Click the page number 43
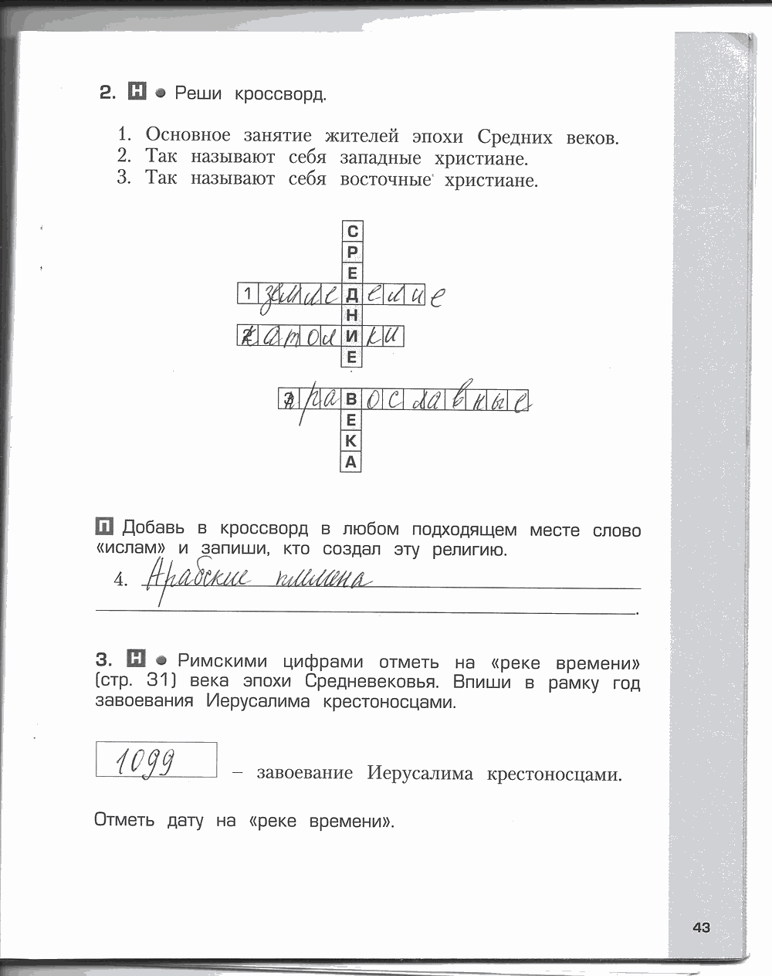tap(701, 927)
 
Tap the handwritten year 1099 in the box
tap(147, 761)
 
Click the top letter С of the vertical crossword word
tap(352, 231)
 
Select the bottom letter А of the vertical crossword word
tap(352, 463)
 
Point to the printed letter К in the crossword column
tap(352, 442)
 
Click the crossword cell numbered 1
tap(246, 293)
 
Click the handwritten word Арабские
tap(197, 577)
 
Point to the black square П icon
tap(104, 527)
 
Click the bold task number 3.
tap(104, 659)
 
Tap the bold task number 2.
tap(107, 93)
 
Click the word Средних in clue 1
tap(515, 137)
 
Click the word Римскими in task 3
tap(222, 661)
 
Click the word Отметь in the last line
tap(124, 819)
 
